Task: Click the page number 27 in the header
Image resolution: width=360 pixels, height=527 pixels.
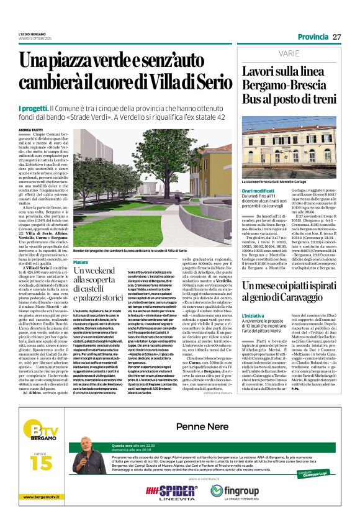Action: [x=337, y=37]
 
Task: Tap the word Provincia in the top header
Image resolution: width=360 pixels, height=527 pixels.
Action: [x=313, y=37]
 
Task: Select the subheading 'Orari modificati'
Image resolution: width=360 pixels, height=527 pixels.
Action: [x=258, y=191]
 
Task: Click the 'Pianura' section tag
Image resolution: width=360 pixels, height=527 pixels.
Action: [x=81, y=262]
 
